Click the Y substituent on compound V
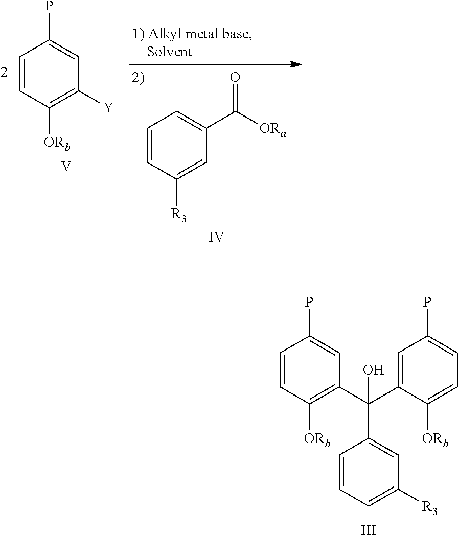coord(108,108)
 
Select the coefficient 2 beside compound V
coord(4,73)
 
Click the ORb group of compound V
coord(57,144)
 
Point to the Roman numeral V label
coord(66,167)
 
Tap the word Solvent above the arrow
coord(169,51)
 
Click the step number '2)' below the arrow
coord(139,79)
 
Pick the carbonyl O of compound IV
coord(235,78)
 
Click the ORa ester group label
coord(274,128)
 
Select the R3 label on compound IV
coord(178,215)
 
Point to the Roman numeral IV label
coord(216,237)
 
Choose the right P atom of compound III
coord(427,302)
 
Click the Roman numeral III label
coord(368,530)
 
